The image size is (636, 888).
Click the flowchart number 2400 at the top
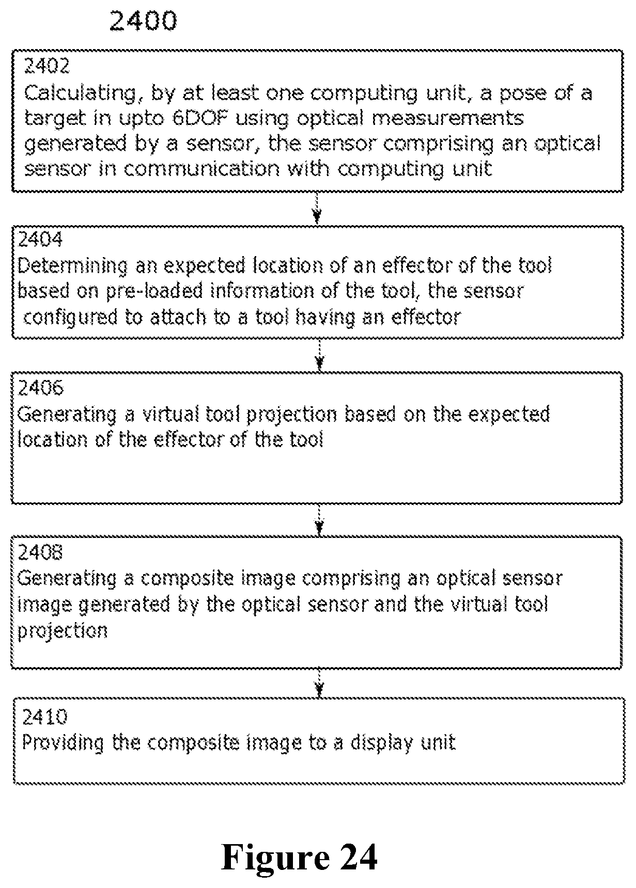(143, 21)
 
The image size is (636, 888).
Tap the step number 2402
(46, 66)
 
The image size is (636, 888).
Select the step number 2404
(40, 239)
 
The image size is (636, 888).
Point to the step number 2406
(40, 387)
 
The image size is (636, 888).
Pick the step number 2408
(40, 552)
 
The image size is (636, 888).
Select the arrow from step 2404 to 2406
(320, 355)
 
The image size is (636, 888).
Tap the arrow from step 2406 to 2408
(319, 519)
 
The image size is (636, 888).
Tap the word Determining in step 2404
(73, 266)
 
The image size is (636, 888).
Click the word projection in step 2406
(290, 415)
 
